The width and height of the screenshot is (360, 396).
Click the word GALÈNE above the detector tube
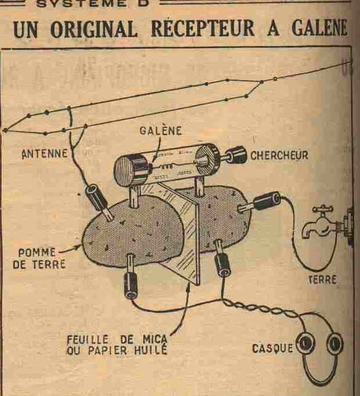[x=160, y=130]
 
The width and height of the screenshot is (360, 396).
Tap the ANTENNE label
[x=45, y=154]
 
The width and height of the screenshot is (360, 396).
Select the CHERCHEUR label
[x=280, y=155]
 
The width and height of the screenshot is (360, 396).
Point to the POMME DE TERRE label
[x=39, y=258]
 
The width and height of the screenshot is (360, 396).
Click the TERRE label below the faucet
[x=323, y=280]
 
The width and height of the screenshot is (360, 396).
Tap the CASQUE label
[x=273, y=349]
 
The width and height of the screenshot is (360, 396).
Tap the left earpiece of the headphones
[x=305, y=343]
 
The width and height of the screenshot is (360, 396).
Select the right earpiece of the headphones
[x=335, y=343]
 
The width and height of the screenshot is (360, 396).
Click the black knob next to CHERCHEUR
[x=235, y=154]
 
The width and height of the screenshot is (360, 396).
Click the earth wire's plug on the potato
[x=262, y=202]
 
